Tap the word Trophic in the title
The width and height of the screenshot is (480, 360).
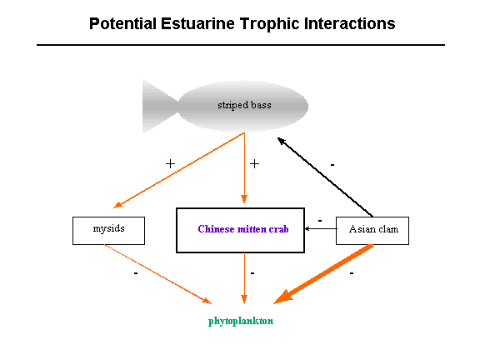click(x=269, y=24)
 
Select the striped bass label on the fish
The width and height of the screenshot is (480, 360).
click(x=244, y=105)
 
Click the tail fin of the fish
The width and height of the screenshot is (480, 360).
click(x=160, y=107)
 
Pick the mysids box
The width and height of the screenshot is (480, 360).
click(x=108, y=231)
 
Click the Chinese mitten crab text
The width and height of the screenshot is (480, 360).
click(x=243, y=229)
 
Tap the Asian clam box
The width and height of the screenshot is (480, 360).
click(x=372, y=231)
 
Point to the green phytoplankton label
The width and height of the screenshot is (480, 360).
click(x=241, y=321)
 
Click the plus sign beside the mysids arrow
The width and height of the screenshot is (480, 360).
click(x=170, y=164)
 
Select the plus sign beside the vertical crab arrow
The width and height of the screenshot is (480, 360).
click(x=254, y=164)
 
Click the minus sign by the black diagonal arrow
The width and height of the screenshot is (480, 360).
click(x=332, y=165)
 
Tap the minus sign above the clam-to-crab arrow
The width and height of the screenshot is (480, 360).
click(x=320, y=220)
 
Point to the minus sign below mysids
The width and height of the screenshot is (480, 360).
click(x=136, y=273)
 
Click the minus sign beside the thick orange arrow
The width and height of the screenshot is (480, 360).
click(x=352, y=273)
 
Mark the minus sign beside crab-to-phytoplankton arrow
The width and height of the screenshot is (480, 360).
click(x=252, y=273)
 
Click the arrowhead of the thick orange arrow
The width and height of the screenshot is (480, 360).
click(x=282, y=297)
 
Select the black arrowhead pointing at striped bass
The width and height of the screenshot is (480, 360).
click(x=282, y=141)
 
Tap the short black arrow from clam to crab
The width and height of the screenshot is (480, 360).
click(x=321, y=228)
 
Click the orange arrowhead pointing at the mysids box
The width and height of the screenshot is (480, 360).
click(x=117, y=205)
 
